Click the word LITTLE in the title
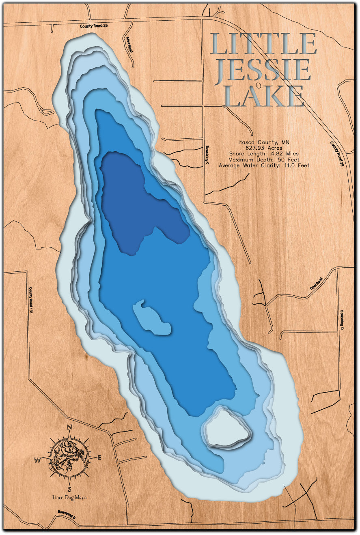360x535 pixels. click(263, 44)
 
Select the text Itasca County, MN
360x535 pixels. click(264, 142)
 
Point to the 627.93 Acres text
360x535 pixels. click(264, 148)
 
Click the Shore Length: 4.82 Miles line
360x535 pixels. click(264, 154)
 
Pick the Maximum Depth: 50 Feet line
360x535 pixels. click(264, 159)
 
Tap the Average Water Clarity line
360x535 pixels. click(264, 165)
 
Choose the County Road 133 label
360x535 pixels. click(30, 301)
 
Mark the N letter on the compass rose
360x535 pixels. click(69, 427)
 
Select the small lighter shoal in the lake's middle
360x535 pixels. click(151, 318)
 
